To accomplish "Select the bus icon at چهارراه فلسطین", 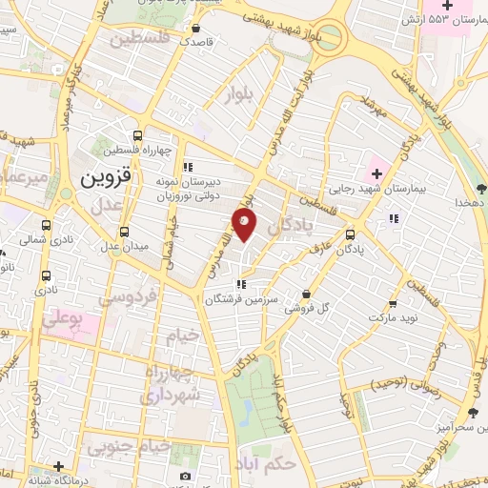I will pos(139,135).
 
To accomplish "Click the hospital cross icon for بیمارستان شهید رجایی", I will pos(376,173).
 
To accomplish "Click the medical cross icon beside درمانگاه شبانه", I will pos(60,466).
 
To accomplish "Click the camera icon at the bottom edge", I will pos(185,476).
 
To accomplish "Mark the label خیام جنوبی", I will pos(130,446).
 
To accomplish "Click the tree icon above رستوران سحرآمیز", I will pos(473,413).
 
